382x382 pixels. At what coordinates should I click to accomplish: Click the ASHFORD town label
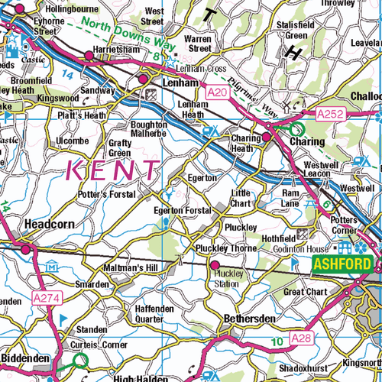tap(342, 265)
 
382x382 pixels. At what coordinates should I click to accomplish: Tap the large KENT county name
tap(115, 169)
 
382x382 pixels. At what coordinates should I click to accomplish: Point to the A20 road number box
tap(219, 92)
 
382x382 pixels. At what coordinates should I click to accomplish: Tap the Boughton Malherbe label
tap(149, 128)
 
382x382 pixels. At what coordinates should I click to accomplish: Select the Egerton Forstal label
tap(182, 210)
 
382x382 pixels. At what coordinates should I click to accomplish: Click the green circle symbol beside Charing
tap(296, 130)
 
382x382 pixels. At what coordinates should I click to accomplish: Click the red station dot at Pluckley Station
tap(214, 265)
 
